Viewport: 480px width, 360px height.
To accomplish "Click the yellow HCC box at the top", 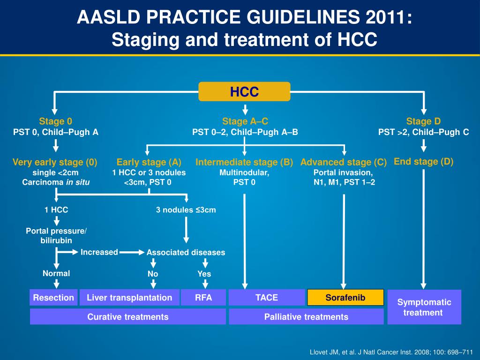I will click(x=244, y=91).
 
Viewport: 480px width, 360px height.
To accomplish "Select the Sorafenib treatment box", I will click(x=345, y=298).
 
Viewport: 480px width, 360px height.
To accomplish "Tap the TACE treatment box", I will click(x=267, y=298).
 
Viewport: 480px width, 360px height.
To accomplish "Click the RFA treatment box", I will click(x=203, y=298).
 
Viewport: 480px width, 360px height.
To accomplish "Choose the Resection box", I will click(x=53, y=298).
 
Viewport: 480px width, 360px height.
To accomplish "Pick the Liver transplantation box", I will click(x=129, y=298).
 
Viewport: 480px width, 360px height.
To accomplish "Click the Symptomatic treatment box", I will click(x=424, y=307).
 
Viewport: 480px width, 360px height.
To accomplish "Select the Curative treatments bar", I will click(x=127, y=317).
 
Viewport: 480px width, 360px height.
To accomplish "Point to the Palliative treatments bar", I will click(x=306, y=317).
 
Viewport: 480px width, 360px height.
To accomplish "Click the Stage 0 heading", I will click(x=55, y=121).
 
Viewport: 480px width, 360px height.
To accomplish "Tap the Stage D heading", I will click(x=423, y=121).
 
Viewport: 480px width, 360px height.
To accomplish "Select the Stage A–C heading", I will click(x=245, y=121).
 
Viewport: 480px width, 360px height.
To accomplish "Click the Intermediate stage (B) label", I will click(x=244, y=162).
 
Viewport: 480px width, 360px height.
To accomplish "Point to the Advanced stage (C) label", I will click(x=344, y=162).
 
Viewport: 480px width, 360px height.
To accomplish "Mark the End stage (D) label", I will click(x=424, y=162).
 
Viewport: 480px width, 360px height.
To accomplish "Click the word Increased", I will click(x=99, y=252).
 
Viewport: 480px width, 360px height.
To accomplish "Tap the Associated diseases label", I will click(x=186, y=253).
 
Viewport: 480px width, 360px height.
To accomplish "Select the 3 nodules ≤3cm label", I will click(x=186, y=210).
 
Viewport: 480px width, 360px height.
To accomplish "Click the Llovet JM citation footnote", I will click(x=392, y=352).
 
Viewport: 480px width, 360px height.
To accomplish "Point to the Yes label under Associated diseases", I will click(x=204, y=274).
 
